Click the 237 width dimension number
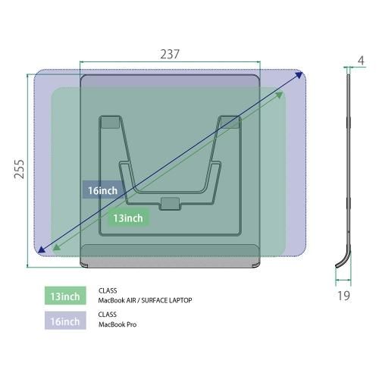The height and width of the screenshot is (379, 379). [170, 54]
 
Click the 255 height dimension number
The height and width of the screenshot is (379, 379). [19, 169]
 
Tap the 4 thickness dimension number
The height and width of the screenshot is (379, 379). [361, 61]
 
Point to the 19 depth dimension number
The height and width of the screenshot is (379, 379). [344, 296]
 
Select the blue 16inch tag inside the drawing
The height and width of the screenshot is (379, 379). [102, 190]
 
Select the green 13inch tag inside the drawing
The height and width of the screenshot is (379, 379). [128, 218]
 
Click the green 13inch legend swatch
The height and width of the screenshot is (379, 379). [65, 296]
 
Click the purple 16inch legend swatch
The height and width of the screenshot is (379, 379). [65, 321]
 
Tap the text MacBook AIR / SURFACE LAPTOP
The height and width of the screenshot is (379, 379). [145, 300]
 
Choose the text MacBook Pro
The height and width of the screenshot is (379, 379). [117, 324]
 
